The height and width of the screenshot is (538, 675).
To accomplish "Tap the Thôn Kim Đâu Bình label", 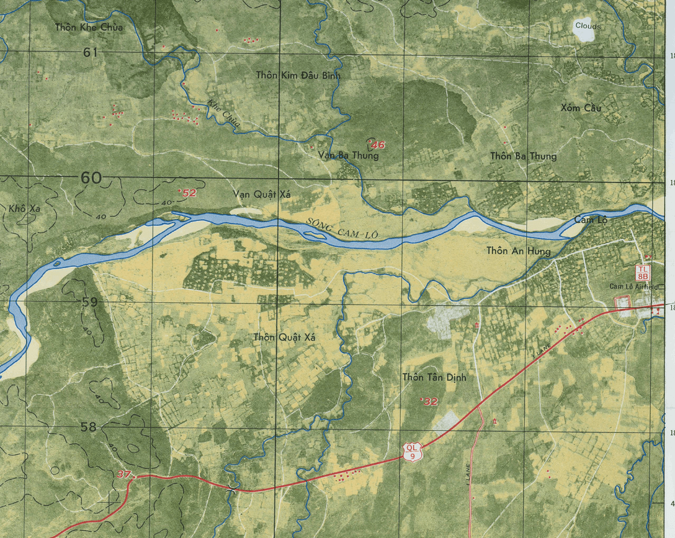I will [x=298, y=75].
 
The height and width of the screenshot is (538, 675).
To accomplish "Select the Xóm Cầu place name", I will [x=581, y=108].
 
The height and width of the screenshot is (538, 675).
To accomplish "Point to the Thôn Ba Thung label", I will [x=523, y=156].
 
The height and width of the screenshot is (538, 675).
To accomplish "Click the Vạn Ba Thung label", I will [x=348, y=155].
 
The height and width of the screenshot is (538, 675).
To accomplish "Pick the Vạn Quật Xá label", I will [x=262, y=194].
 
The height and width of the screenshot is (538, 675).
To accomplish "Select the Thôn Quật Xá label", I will [x=285, y=338].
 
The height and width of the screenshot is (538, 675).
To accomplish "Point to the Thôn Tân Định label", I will [x=434, y=377].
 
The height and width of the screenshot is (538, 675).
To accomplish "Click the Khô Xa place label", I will [x=25, y=208].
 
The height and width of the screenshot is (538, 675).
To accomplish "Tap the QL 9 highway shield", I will [x=411, y=452].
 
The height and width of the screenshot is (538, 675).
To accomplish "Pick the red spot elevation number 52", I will [x=189, y=193].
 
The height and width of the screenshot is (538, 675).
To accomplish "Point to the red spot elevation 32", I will [x=430, y=401].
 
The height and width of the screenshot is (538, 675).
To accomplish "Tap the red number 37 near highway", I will [x=123, y=475].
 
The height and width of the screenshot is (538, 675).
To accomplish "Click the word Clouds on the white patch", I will [x=588, y=26].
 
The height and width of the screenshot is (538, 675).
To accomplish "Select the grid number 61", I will [x=91, y=53].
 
